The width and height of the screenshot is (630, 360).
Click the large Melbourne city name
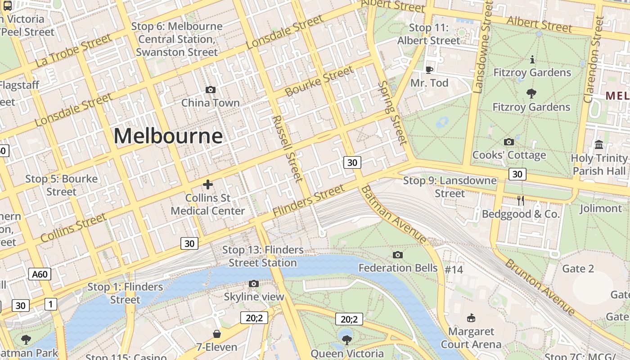[168, 136]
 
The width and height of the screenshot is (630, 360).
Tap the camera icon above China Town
[210, 90]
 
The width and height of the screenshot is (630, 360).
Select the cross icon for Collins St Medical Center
[208, 184]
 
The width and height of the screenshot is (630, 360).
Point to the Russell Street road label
[287, 148]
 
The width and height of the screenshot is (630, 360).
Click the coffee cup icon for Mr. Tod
[429, 70]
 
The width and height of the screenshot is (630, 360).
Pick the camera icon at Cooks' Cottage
[509, 142]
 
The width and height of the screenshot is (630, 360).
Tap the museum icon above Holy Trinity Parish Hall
[599, 145]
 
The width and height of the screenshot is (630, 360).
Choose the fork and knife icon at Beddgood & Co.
[521, 201]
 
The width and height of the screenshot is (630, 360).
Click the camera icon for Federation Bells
[397, 255]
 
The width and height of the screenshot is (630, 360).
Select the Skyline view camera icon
[254, 284]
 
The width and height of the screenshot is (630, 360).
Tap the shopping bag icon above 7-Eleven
[217, 334]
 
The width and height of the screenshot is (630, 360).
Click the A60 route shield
[40, 274]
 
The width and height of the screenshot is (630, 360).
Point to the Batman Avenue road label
[394, 215]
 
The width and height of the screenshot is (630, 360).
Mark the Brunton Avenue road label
[540, 287]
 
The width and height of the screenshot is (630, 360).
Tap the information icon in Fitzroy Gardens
[532, 59]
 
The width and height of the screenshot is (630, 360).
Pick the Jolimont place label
[600, 208]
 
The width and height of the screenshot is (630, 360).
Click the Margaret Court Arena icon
[471, 318]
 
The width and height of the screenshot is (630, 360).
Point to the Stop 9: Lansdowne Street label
[450, 187]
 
